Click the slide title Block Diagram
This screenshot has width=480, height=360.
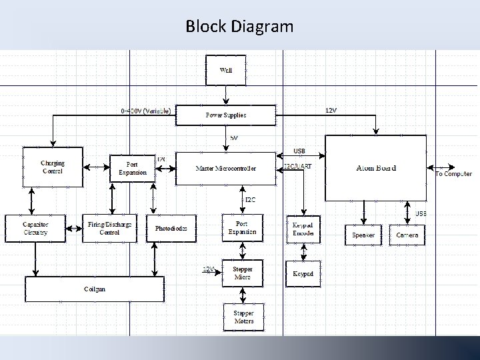pyautogui.click(x=239, y=27)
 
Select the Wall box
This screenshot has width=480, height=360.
pyautogui.click(x=226, y=70)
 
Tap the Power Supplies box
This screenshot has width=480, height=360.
pyautogui.click(x=225, y=115)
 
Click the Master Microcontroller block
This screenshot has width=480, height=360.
pyautogui.click(x=225, y=168)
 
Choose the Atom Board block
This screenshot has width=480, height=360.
pyautogui.click(x=375, y=168)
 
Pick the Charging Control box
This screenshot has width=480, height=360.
pyautogui.click(x=52, y=167)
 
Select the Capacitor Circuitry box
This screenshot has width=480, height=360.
pyautogui.click(x=35, y=228)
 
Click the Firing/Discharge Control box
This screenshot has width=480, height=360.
pyautogui.click(x=109, y=228)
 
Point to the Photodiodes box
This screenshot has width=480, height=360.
pyautogui.click(x=171, y=228)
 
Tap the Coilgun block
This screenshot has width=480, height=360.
pyautogui.click(x=94, y=289)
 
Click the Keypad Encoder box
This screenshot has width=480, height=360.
pyautogui.click(x=303, y=229)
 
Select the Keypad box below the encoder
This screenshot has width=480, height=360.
pyautogui.click(x=303, y=274)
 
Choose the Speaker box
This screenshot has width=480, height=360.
pyautogui.click(x=363, y=235)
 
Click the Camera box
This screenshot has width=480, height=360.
pyautogui.click(x=407, y=235)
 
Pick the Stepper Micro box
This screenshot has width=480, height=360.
pyautogui.click(x=243, y=273)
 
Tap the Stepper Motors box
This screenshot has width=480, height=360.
pyautogui.click(x=243, y=317)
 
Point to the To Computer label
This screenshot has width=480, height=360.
pyautogui.click(x=453, y=174)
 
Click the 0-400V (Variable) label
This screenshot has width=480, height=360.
pyautogui.click(x=146, y=110)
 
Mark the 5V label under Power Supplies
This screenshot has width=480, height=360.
pyautogui.click(x=234, y=137)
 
